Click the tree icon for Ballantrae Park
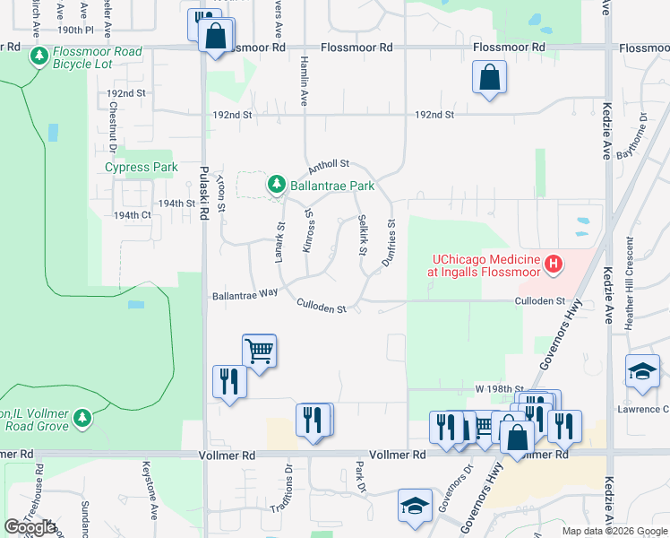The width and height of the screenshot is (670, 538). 277,185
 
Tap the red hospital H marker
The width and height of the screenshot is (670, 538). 554,264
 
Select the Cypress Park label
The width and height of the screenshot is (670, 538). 142,167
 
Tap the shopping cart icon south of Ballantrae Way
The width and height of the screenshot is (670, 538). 259,351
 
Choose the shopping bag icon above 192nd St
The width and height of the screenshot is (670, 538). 490,78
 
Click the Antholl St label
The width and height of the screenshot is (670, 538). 328,167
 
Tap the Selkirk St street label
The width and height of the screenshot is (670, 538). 363,234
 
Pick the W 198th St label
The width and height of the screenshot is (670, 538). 499,389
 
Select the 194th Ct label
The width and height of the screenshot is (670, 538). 132,215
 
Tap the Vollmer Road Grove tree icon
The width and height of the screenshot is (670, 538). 82,418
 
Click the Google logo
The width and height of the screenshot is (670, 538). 30,527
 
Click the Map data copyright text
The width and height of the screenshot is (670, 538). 614,531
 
